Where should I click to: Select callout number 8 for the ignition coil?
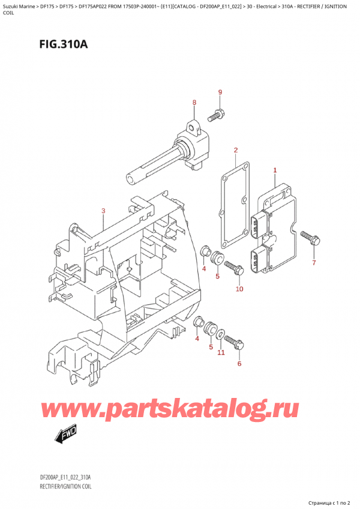pyautogui.click(x=194, y=103)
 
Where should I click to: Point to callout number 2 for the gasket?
pyautogui.click(x=236, y=150)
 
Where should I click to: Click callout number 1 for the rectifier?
pyautogui.click(x=275, y=170)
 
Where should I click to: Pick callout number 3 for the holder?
pyautogui.click(x=103, y=211)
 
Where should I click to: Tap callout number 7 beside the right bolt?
pyautogui.click(x=313, y=263)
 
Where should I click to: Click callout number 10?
pyautogui.click(x=239, y=289)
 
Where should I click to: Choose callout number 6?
pyautogui.click(x=239, y=364)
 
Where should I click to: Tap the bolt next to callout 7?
pyautogui.click(x=309, y=239)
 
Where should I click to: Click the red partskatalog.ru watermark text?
pyautogui.click(x=170, y=410)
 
